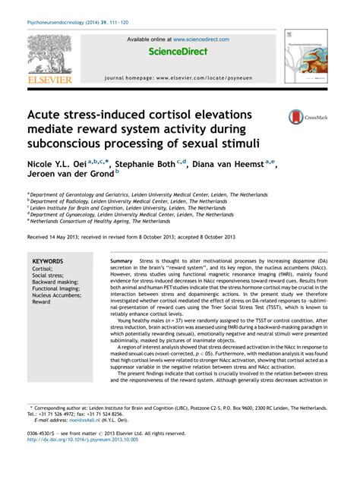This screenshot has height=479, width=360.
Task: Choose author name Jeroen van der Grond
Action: point(68,178)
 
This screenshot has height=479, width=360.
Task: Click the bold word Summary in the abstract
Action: point(121,260)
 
